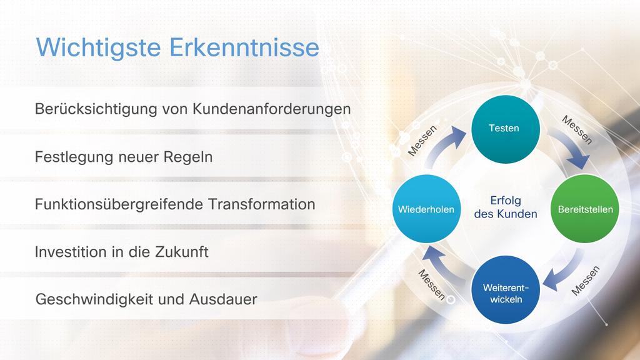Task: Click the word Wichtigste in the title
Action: pyautogui.click(x=99, y=47)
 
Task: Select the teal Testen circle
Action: pyautogui.click(x=505, y=129)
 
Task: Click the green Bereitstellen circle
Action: pyautogui.click(x=585, y=209)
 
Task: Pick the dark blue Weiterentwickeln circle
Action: pyautogui.click(x=505, y=289)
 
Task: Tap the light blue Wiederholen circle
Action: pyautogui.click(x=426, y=209)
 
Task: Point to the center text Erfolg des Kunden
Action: pyautogui.click(x=505, y=207)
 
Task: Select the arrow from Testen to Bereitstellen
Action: pyautogui.click(x=570, y=146)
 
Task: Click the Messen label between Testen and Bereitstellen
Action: pyautogui.click(x=577, y=130)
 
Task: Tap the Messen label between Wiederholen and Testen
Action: pyautogui.click(x=422, y=141)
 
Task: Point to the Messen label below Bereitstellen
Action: pyautogui.click(x=585, y=281)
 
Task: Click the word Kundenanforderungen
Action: pyautogui.click(x=271, y=109)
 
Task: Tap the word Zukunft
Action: pyautogui.click(x=182, y=252)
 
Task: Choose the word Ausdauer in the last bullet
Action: pyautogui.click(x=223, y=299)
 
